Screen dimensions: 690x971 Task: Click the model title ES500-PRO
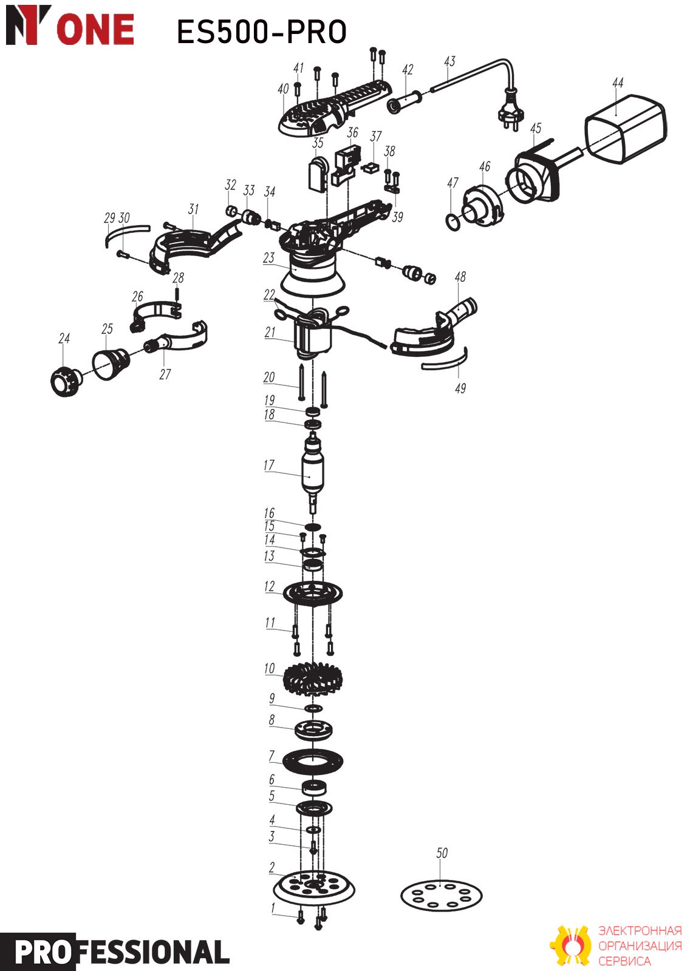262,32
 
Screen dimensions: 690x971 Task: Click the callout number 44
618,83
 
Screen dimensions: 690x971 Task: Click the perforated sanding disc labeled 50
441,896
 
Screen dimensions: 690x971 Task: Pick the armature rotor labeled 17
312,473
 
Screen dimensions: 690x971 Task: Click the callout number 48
460,277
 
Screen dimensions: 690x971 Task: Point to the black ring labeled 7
312,761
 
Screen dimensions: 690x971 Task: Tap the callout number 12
269,586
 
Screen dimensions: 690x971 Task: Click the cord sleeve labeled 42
405,101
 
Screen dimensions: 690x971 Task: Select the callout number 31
194,209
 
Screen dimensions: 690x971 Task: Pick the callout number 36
352,132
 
